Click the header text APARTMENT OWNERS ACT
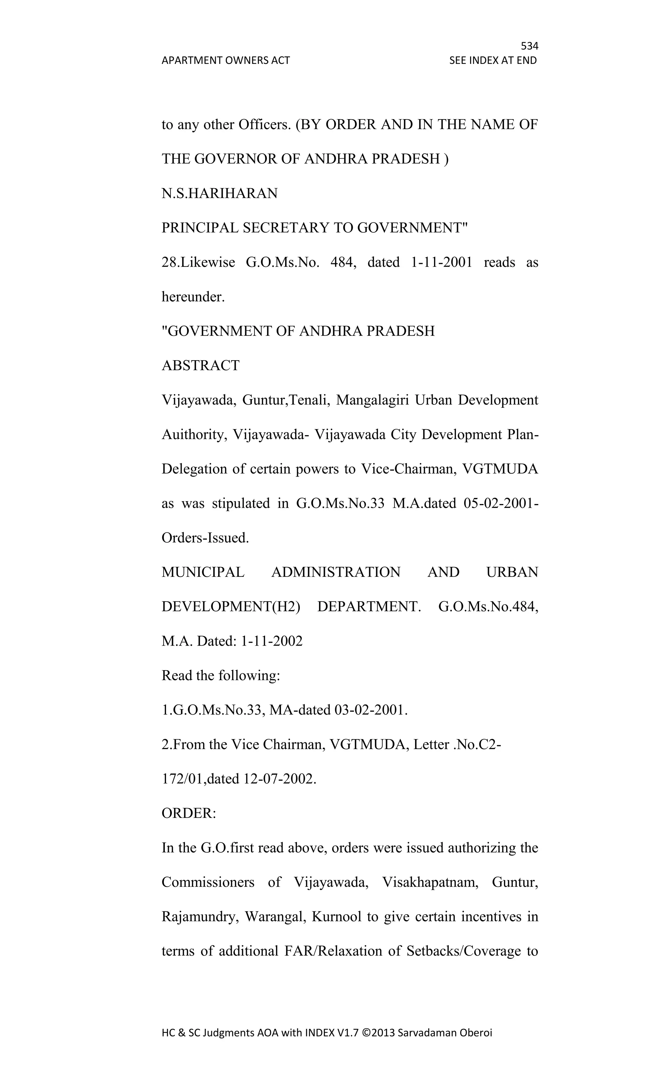225,60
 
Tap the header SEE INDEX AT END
493,60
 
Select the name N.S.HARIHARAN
219,193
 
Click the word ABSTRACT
201,365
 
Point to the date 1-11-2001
442,262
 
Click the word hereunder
193,297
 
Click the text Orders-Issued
205,538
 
